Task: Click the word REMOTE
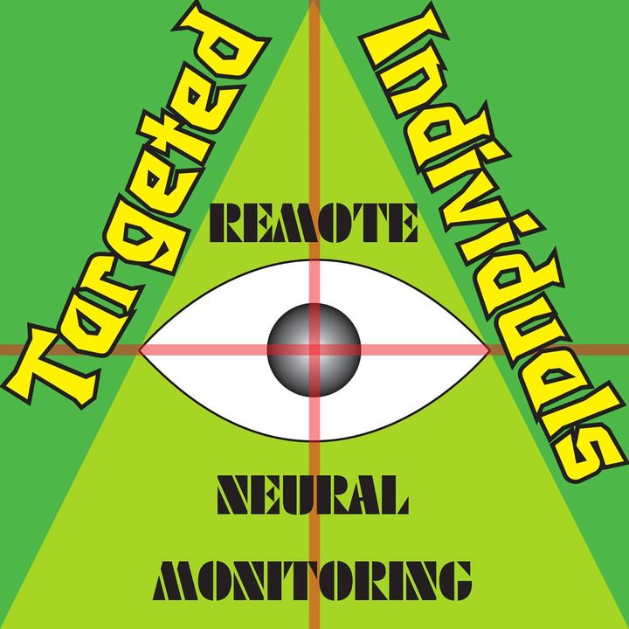(314, 223)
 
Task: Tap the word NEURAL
(313, 494)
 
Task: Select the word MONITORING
(313, 580)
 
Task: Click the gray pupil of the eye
(314, 349)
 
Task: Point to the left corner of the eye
(140, 350)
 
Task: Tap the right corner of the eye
(490, 350)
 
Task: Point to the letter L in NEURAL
(395, 494)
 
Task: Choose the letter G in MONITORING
(456, 580)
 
